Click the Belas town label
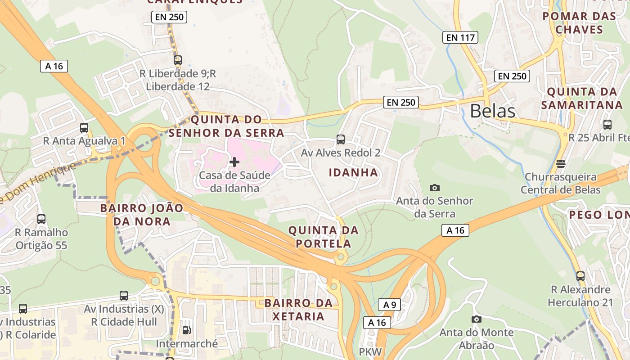pos(492,111)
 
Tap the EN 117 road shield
pos(460,37)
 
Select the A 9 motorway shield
pos(389,305)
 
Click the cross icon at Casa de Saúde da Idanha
pos(234,162)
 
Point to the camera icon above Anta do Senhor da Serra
pos(435,188)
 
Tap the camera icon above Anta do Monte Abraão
pos(476,319)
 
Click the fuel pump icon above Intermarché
pos(186,330)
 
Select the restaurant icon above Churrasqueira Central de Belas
pos(560,163)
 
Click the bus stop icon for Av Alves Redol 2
pos(341,139)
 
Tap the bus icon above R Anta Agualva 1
pos(84,128)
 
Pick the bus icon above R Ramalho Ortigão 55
pos(41,219)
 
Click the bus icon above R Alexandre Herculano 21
pos(580,276)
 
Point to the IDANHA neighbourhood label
pos(353,172)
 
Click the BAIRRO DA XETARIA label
pos(298,310)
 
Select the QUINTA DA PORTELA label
pos(323,237)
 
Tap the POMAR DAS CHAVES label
pos(579,23)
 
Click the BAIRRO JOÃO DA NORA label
pos(142,215)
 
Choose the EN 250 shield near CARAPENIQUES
pos(169,17)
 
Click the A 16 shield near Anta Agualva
pos(54,66)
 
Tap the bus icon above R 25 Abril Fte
pos(607,125)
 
